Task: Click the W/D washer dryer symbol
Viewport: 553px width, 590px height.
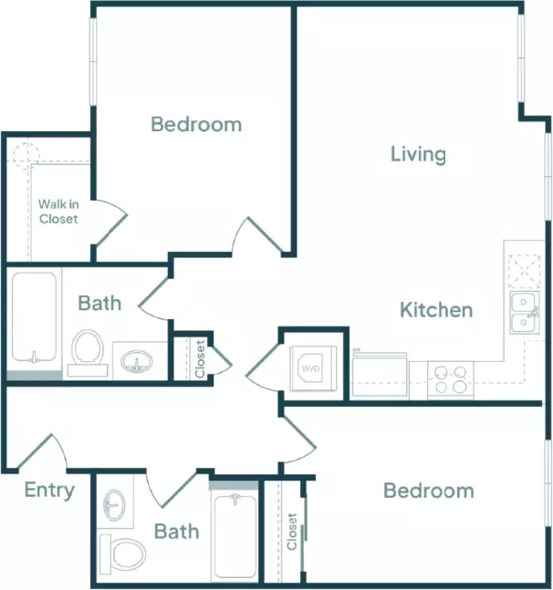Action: (313, 368)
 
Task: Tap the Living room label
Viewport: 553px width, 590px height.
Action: (418, 154)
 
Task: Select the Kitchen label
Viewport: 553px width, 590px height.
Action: (436, 310)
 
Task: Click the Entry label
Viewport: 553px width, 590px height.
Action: (49, 491)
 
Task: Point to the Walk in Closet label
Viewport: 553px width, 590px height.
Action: (58, 212)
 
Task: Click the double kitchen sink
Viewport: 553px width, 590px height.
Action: (525, 312)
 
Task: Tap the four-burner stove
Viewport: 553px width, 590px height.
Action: (450, 379)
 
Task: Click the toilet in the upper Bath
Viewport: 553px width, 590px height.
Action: (88, 353)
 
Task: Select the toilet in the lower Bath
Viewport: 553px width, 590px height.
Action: (122, 554)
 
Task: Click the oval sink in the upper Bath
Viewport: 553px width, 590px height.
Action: (136, 361)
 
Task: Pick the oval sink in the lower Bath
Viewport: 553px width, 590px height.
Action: (114, 505)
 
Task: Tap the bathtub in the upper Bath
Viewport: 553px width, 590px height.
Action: (34, 317)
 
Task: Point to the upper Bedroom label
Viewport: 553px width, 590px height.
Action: (196, 124)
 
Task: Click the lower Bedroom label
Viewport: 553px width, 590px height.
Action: (428, 491)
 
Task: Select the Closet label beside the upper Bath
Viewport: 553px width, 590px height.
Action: (200, 358)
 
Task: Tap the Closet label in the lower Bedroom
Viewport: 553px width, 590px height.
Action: (292, 532)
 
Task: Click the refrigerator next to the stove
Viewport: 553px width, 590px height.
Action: (380, 374)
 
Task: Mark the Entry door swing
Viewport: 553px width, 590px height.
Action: (42, 451)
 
